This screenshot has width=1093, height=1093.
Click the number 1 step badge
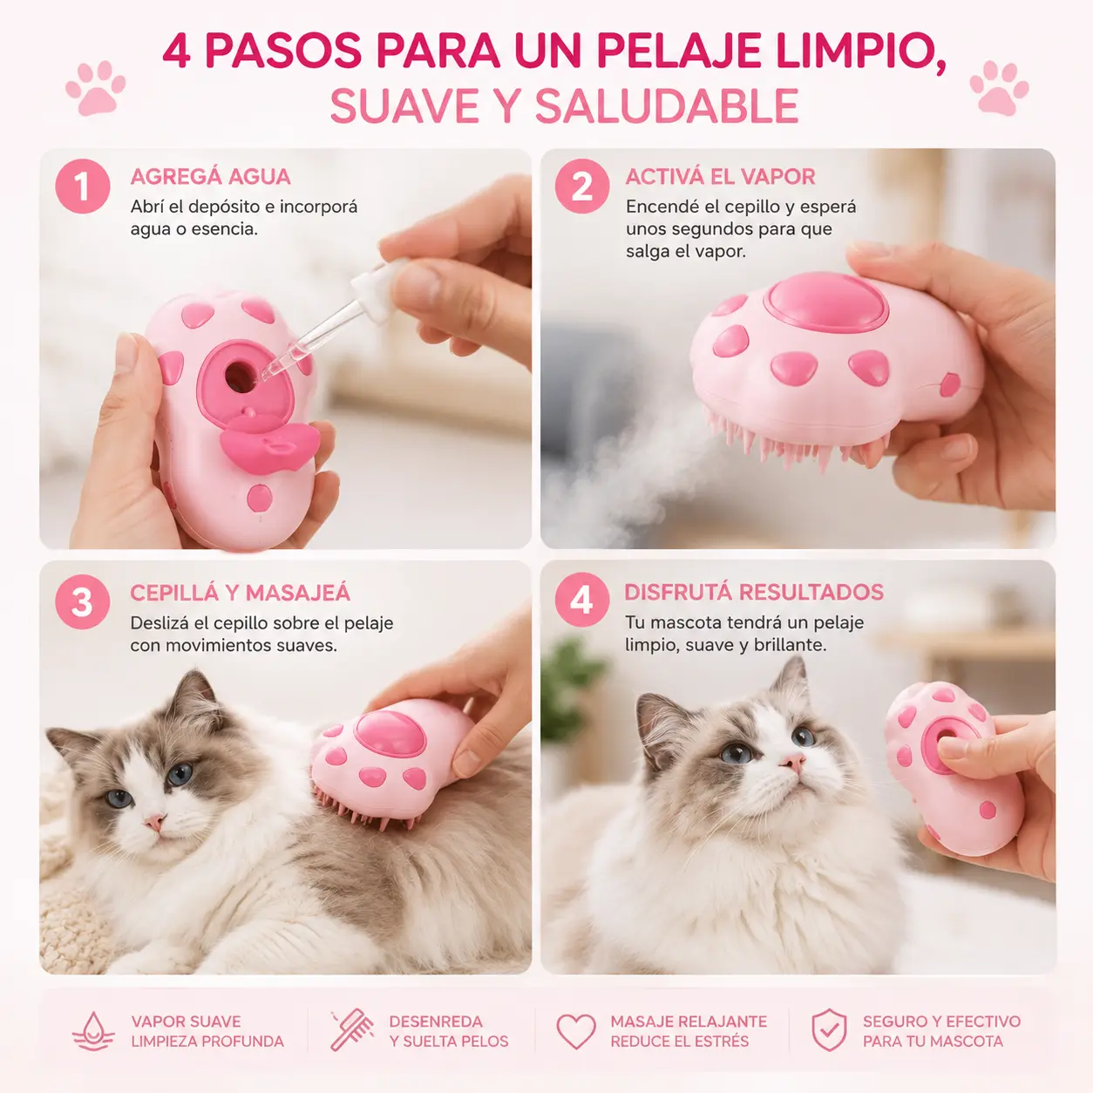coord(83,186)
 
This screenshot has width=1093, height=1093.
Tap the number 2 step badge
coord(582,186)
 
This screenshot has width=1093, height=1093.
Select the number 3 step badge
coord(83,601)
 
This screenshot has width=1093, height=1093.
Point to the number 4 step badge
coord(582,599)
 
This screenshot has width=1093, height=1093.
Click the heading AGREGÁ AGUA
coord(210,176)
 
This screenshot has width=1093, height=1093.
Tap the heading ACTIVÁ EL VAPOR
coord(720,176)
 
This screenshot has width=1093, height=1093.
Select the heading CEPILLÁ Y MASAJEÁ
coord(240,593)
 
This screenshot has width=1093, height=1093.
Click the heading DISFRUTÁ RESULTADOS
coord(754,592)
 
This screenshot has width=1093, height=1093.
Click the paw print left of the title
coord(95,89)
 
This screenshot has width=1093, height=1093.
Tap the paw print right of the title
coord(999,89)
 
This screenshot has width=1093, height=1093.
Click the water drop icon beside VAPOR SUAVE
coord(93,1030)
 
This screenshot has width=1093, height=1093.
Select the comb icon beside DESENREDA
coord(352,1029)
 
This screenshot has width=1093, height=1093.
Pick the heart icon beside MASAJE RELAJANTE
coord(576,1031)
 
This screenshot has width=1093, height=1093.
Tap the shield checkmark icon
coord(829,1030)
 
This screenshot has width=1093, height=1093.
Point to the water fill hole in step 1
coord(241,375)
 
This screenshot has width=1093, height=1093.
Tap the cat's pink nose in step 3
coord(154,821)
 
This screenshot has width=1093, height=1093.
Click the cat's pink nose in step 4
coord(793,761)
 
